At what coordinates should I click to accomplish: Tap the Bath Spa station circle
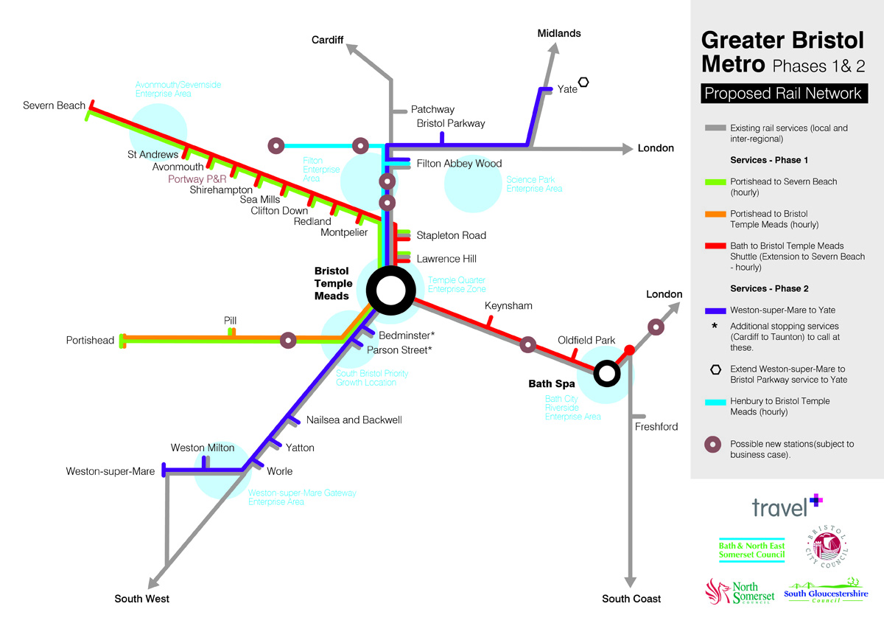(x=606, y=373)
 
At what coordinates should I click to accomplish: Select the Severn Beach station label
(x=54, y=105)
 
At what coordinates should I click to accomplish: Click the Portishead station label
(x=90, y=340)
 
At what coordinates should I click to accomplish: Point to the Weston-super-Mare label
(x=110, y=471)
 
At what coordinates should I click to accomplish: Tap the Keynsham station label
(x=508, y=305)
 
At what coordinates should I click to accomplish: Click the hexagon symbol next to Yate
(x=584, y=83)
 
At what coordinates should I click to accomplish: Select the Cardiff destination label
(x=327, y=40)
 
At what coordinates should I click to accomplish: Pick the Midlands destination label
(x=559, y=33)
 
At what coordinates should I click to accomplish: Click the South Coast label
(x=631, y=599)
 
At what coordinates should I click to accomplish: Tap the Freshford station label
(x=656, y=426)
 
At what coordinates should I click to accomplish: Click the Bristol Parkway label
(x=451, y=123)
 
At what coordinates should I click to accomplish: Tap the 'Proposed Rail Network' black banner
(x=782, y=94)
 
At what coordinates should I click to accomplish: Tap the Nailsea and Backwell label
(x=354, y=420)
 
